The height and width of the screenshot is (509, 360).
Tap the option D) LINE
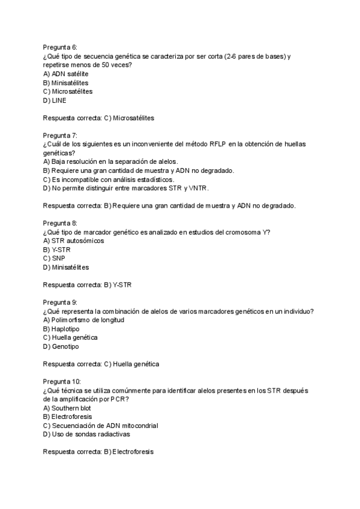pos(55,100)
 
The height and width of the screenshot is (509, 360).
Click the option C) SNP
pos(55,259)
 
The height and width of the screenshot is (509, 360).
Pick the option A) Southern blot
pos(70,408)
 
